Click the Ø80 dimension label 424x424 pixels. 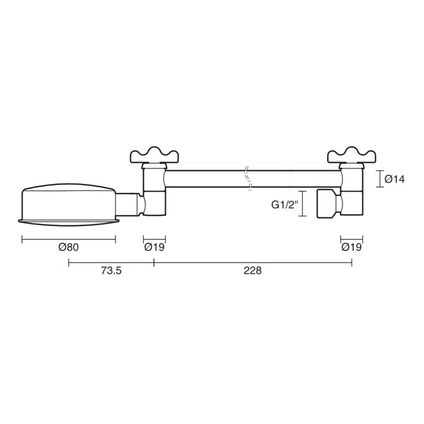pos(68,247)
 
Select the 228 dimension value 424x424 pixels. pos(251,271)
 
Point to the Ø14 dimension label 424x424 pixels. pos(394,179)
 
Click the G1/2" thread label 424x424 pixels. pos(284,204)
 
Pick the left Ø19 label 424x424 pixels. pos(154,247)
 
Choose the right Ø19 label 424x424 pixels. pos(352,247)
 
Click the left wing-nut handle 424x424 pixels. pos(154,154)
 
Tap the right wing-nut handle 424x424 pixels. pos(352,154)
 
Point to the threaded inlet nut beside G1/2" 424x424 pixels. pos(327,202)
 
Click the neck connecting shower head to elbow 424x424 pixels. pos(129,203)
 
